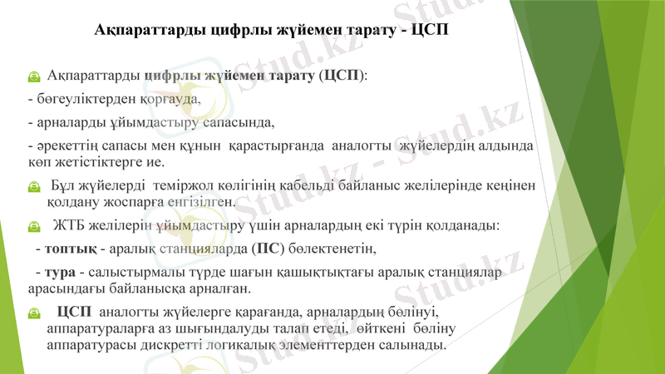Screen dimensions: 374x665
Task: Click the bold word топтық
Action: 71,249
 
